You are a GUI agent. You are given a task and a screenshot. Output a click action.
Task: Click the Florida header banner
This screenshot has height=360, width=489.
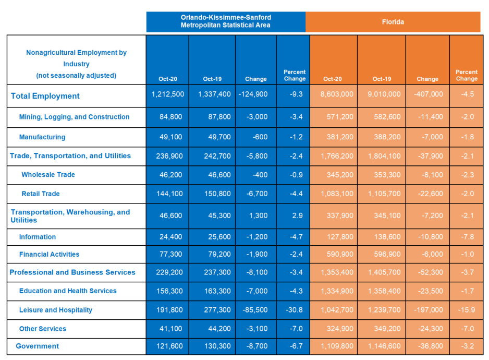tap(393, 22)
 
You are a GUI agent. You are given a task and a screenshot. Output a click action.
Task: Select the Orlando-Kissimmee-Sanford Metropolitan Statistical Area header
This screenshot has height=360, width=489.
tap(226, 21)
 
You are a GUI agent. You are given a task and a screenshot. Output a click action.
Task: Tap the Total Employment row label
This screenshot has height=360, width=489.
tap(45, 96)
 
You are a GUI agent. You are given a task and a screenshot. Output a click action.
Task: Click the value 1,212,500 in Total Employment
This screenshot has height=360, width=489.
tap(168, 94)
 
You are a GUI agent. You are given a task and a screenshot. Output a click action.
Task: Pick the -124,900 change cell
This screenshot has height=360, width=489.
tap(253, 94)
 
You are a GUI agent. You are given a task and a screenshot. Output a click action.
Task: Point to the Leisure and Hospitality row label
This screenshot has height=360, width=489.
tap(56, 310)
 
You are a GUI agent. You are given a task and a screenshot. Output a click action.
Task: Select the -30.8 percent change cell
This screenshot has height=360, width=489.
tap(294, 310)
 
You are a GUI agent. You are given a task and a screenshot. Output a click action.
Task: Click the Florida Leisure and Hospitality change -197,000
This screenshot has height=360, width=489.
tap(428, 310)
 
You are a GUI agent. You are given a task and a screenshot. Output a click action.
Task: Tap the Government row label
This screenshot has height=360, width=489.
tap(38, 346)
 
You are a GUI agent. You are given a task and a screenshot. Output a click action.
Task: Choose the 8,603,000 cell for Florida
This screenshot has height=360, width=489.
tap(337, 94)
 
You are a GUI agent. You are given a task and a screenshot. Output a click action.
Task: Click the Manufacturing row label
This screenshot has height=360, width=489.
tap(42, 137)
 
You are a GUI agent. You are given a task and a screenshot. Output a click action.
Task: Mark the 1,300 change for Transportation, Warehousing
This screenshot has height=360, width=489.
tap(258, 215)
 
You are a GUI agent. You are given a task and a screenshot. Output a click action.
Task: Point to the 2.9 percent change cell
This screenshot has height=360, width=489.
tap(297, 215)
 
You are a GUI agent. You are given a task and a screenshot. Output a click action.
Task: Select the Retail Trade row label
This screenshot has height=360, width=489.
tap(41, 194)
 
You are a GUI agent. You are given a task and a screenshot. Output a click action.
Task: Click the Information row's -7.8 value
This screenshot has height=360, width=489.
tap(468, 237)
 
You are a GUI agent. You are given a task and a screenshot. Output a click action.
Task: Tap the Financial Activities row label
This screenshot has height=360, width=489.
tap(50, 254)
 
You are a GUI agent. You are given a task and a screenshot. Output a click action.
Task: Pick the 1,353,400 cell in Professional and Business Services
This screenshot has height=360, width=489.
tap(337, 272)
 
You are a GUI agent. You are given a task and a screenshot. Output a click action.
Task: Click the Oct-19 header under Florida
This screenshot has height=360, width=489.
tap(382, 79)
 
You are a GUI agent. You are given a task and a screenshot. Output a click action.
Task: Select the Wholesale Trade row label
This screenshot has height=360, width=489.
tap(48, 175)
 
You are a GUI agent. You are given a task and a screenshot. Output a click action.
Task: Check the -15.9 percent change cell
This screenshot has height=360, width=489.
tap(467, 310)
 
